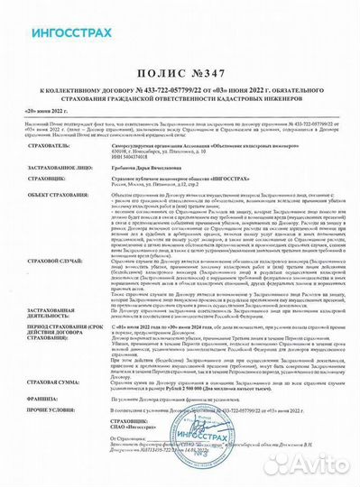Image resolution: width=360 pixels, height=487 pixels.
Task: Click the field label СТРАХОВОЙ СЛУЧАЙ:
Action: [45, 282]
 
